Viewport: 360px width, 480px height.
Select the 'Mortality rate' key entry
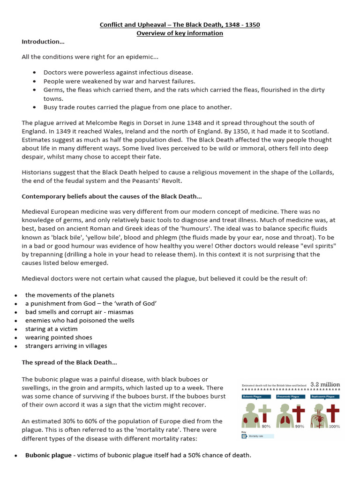click(x=256, y=436)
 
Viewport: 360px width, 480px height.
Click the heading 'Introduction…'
click(x=43, y=42)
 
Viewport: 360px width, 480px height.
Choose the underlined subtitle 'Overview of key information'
click(x=180, y=33)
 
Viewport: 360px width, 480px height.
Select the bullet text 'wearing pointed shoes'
click(x=59, y=337)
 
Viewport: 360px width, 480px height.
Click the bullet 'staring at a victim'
click(x=52, y=329)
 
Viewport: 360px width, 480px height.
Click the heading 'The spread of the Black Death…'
click(x=69, y=362)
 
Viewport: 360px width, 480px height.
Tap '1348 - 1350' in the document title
click(x=242, y=24)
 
